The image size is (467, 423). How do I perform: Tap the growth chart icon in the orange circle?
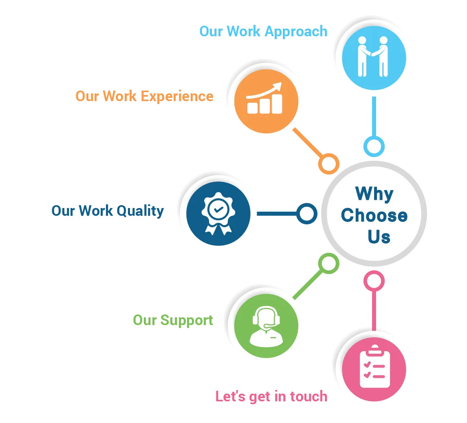pyautogui.click(x=265, y=99)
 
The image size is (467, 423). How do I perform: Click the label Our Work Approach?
pyautogui.click(x=263, y=31)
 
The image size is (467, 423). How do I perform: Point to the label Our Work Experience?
pyautogui.click(x=145, y=96)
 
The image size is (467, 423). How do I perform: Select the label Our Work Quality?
pyautogui.click(x=107, y=211)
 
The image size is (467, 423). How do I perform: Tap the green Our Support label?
pyautogui.click(x=173, y=320)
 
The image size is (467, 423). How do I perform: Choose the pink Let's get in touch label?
pyautogui.click(x=271, y=396)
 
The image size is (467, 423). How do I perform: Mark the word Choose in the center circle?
pyautogui.click(x=374, y=215)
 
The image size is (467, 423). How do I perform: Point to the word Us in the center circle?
pyautogui.click(x=379, y=237)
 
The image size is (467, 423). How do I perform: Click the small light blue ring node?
pyautogui.click(x=374, y=146)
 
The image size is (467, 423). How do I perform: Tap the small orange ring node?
pyautogui.click(x=328, y=164)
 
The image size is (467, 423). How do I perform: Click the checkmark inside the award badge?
pyautogui.click(x=218, y=209)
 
